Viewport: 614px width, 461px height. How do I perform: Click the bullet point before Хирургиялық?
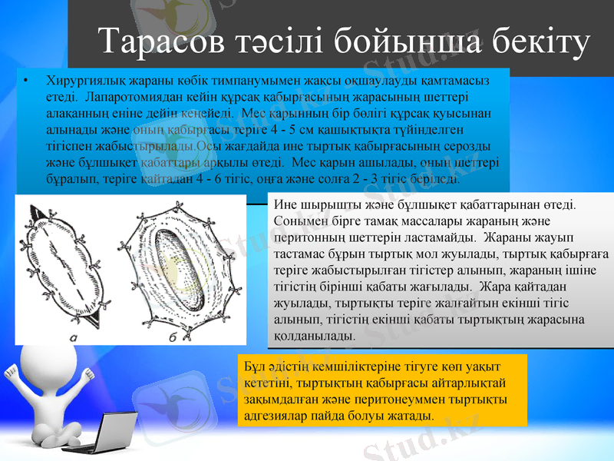[x=25, y=81]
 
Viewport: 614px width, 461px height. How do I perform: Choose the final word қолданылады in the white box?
[x=313, y=337]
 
